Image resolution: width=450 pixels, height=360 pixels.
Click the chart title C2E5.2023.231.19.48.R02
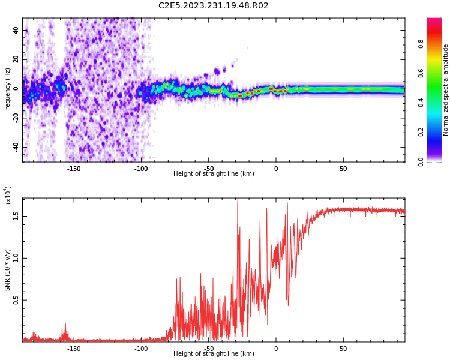pos(213,6)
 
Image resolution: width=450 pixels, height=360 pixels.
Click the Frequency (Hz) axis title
pos(8,90)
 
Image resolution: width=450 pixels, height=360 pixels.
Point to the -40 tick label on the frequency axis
pos(15,147)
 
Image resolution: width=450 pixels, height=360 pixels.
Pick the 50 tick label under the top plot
pos(343,169)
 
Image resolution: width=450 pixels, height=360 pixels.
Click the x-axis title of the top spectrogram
pos(214,174)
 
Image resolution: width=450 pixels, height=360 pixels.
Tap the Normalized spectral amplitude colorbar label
pos(446,90)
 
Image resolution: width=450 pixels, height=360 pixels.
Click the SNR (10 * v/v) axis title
pos(8,270)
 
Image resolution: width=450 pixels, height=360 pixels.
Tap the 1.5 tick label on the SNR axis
pos(16,216)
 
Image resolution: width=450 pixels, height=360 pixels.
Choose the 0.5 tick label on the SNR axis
pos(16,300)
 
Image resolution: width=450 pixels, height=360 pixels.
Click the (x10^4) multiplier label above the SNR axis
pos(8,194)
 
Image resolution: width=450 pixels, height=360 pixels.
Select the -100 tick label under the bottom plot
pos(140,349)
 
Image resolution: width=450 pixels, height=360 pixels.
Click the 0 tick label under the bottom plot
pos(276,349)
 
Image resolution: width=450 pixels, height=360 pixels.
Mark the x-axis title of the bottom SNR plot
pos(214,354)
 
